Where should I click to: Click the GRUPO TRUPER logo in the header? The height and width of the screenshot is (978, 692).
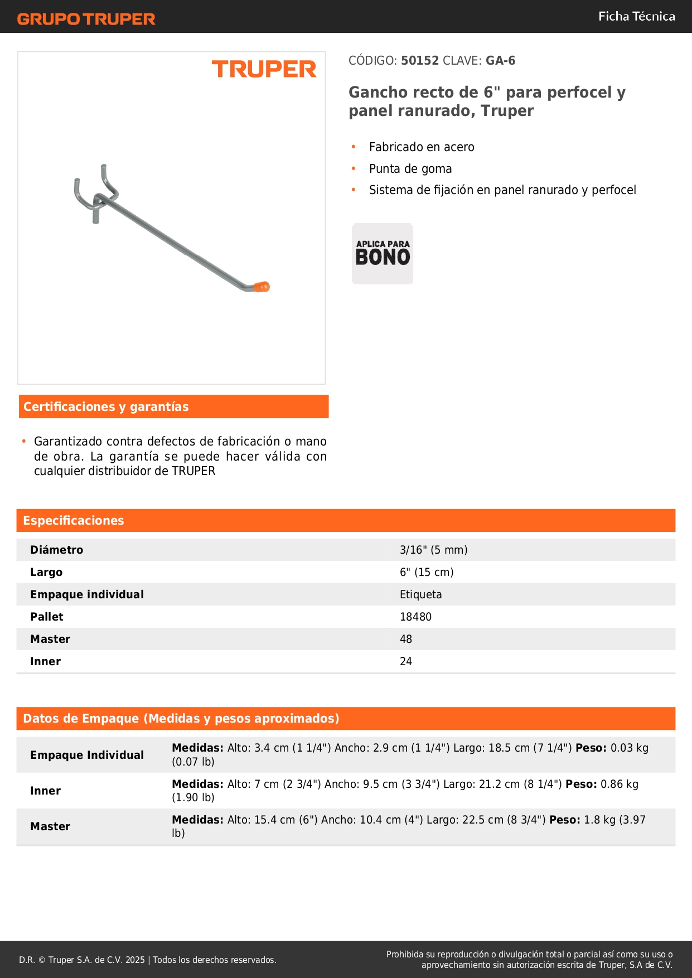86,19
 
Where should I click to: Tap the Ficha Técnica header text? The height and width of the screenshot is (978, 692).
636,16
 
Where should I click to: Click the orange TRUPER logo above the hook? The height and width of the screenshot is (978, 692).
264,69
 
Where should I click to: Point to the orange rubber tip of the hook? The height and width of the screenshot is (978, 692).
262,287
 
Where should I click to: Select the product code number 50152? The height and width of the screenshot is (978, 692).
420,61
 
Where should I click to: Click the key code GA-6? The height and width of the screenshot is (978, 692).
500,61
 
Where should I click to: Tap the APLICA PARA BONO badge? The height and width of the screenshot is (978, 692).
383,254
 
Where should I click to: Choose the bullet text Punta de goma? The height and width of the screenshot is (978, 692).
410,169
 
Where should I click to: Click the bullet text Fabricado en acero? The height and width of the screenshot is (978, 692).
422,147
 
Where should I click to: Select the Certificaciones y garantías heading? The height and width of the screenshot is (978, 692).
106,407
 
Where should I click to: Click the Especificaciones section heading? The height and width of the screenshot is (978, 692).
74,521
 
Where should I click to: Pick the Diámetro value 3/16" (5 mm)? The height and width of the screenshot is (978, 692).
433,550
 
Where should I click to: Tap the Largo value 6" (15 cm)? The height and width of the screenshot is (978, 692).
427,573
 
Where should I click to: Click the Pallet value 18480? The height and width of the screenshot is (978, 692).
415,617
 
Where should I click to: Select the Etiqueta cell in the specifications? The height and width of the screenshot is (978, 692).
420,595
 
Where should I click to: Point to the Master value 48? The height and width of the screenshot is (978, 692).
406,640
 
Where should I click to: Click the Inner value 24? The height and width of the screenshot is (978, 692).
406,662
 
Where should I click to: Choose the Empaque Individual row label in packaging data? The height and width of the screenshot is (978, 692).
87,756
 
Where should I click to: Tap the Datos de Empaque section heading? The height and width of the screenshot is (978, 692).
181,719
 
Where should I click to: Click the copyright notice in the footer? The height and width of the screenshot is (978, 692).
148,960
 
